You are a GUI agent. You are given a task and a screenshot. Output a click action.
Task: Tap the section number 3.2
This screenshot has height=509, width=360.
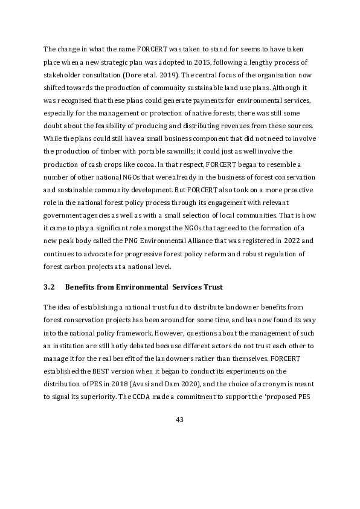click(49, 286)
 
